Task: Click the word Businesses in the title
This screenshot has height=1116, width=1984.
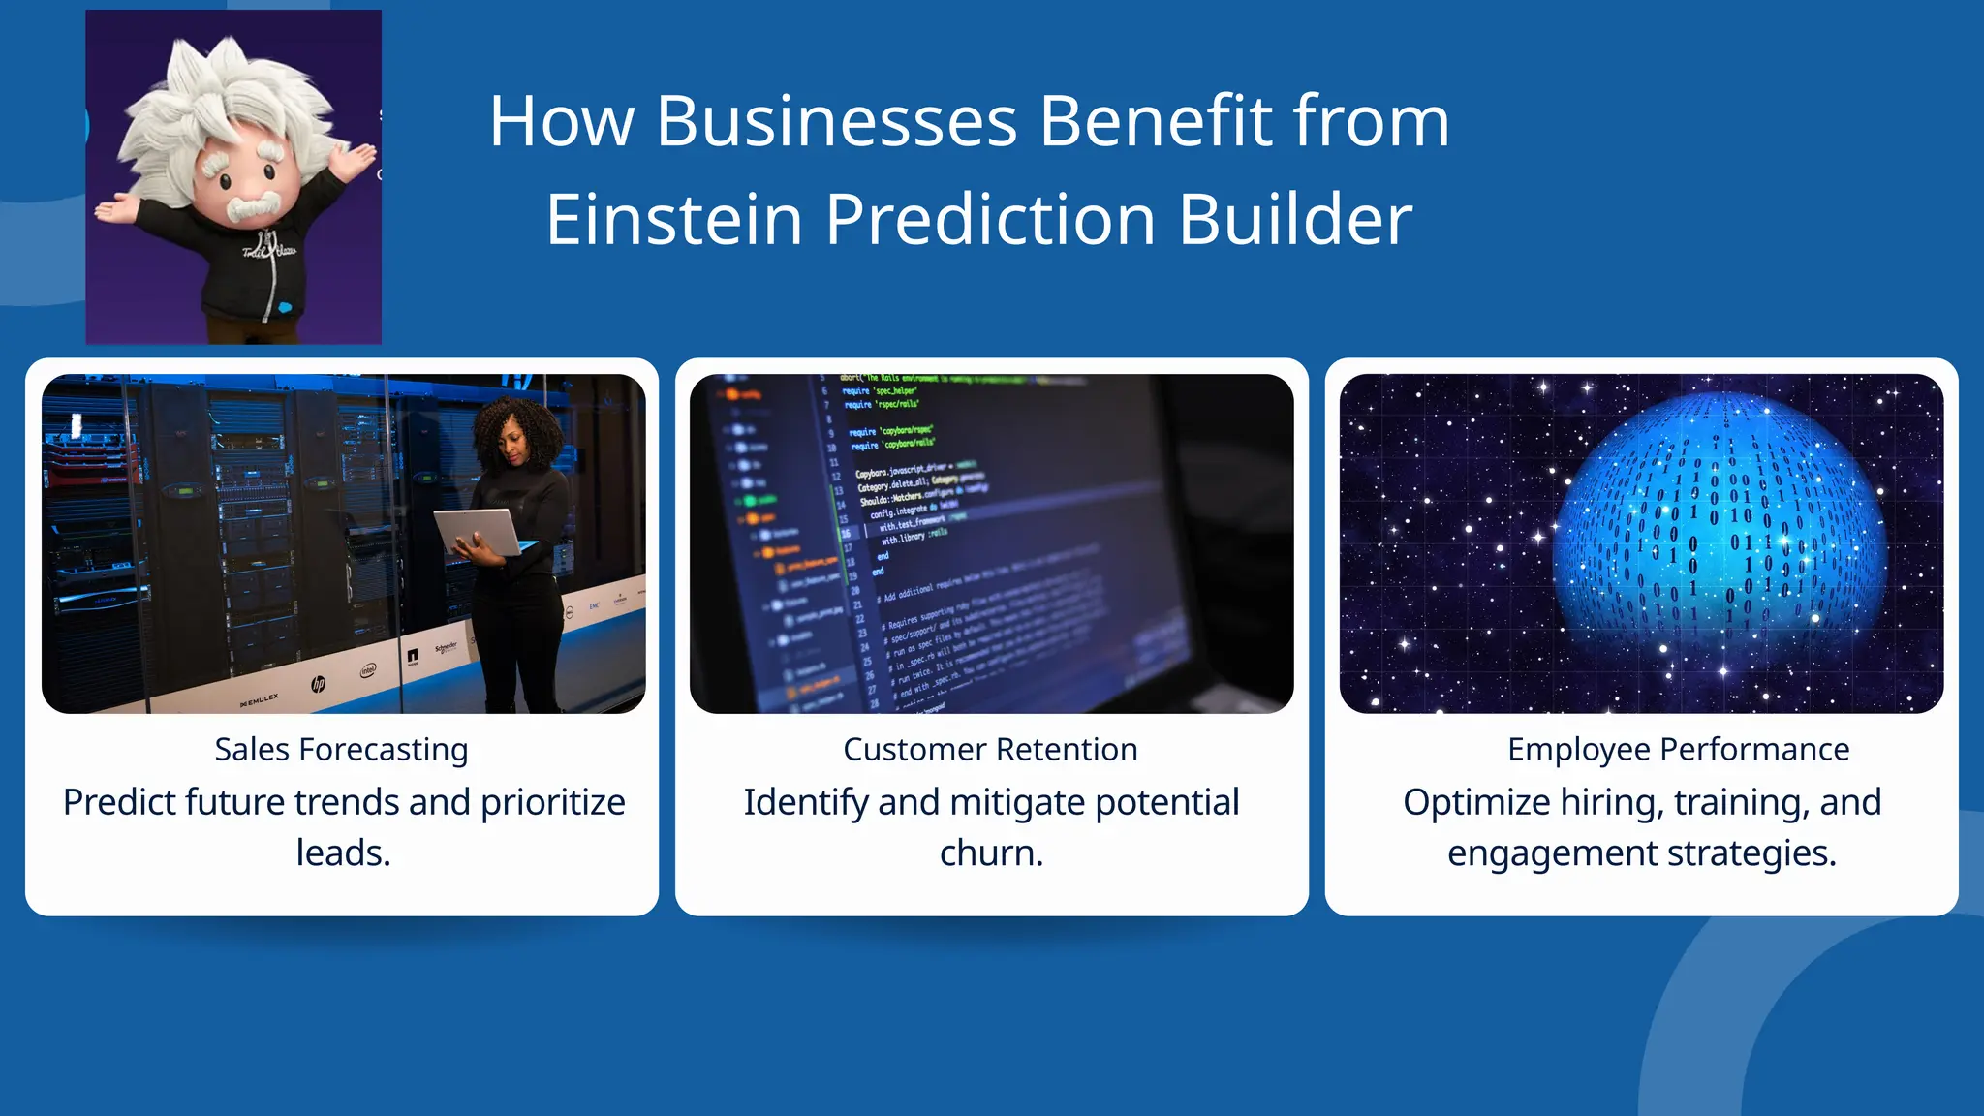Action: [x=836, y=122]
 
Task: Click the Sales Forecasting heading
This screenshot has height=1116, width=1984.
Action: [x=341, y=750]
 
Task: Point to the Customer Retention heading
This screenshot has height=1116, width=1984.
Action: [x=990, y=750]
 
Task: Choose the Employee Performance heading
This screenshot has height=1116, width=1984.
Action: [x=1678, y=750]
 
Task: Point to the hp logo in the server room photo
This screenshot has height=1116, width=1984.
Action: [x=318, y=684]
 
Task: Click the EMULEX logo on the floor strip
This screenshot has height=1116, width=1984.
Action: [x=260, y=699]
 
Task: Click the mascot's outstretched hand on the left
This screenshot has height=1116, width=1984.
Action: [x=112, y=208]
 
